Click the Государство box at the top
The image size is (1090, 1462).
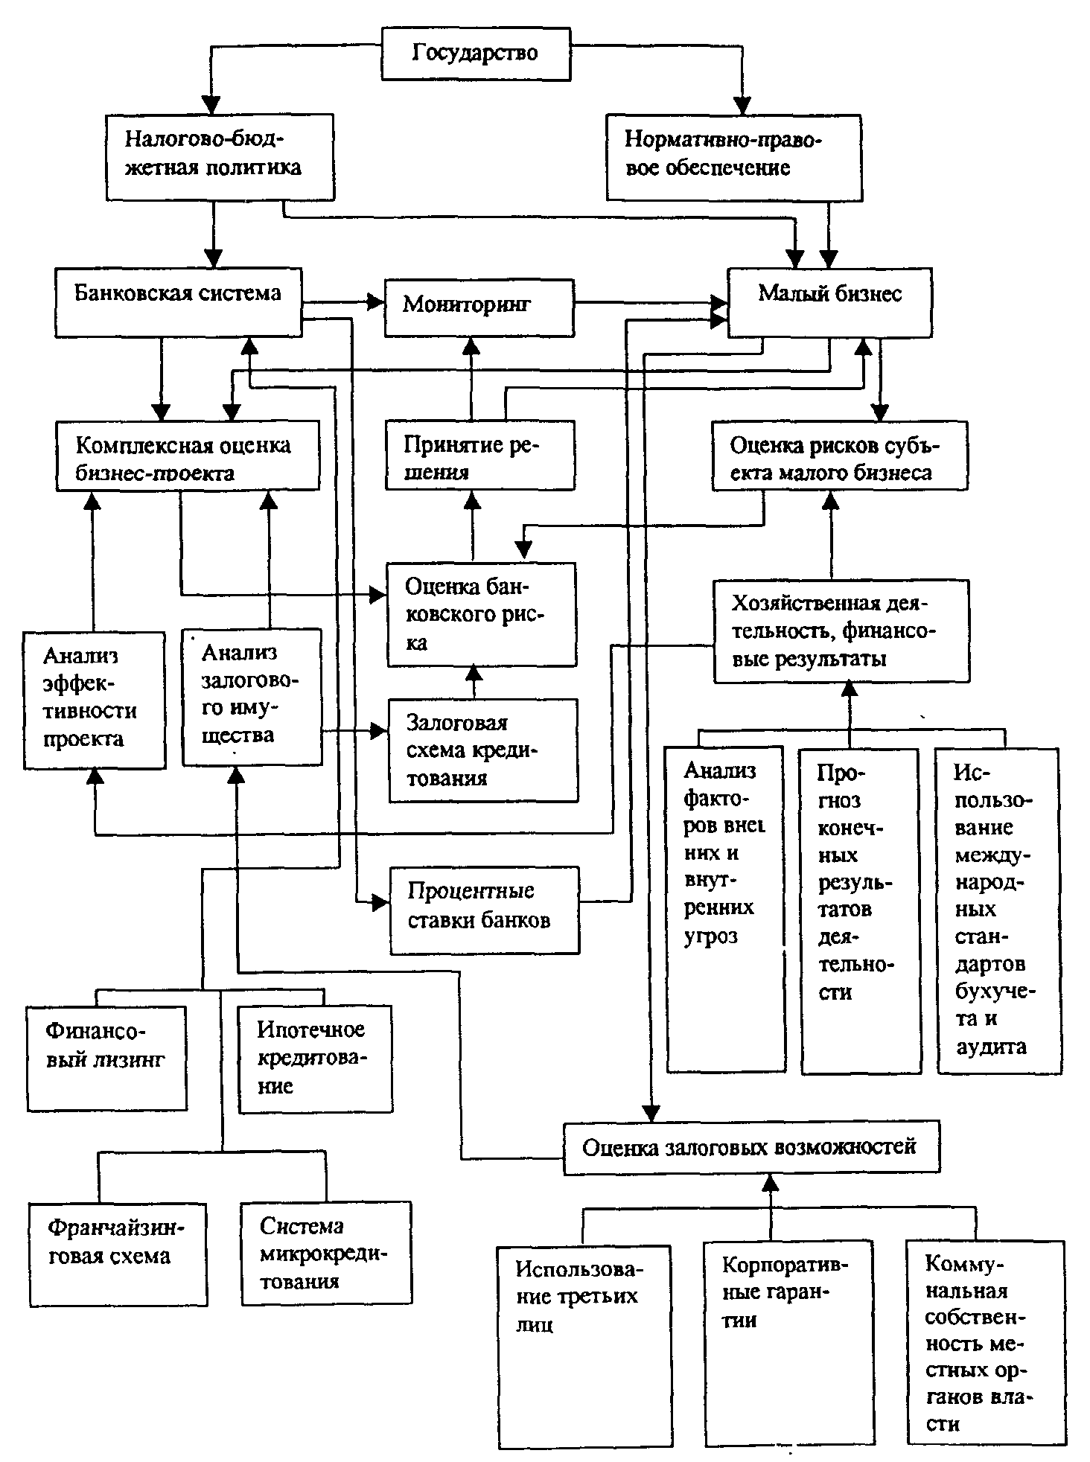coord(476,54)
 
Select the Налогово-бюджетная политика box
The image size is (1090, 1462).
coord(220,156)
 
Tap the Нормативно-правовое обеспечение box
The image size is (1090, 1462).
coord(734,156)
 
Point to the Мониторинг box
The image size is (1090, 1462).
coord(479,307)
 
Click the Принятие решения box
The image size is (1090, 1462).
coord(479,455)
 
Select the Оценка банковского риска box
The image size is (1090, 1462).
coord(481,613)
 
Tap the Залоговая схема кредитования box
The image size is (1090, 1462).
coord(482,750)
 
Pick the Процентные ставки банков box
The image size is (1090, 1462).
coord(484,909)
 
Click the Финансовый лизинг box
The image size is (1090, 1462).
coord(106,1058)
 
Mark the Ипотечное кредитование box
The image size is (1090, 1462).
coord(315,1058)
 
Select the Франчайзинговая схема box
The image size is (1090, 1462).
coord(118,1253)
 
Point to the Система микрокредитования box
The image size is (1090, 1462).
coord(326,1253)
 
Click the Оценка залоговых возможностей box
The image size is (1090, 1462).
coord(750,1147)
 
